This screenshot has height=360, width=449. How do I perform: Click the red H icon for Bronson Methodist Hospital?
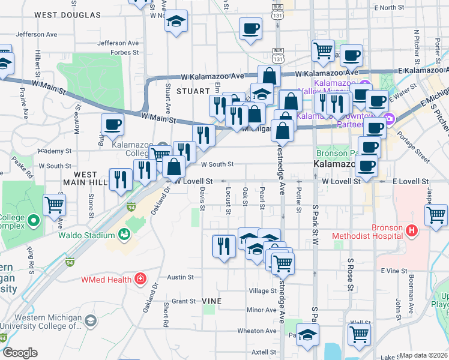click(411, 230)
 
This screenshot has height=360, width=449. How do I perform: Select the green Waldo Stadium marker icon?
click(125, 234)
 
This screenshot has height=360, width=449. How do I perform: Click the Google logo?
click(20, 353)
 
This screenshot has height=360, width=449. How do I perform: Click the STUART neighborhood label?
click(191, 91)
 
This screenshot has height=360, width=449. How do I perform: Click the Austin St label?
click(180, 277)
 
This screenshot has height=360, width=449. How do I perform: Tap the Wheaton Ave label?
click(258, 331)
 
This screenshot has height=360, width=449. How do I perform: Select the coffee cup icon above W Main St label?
click(112, 125)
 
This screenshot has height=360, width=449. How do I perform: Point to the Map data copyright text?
click(424, 355)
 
